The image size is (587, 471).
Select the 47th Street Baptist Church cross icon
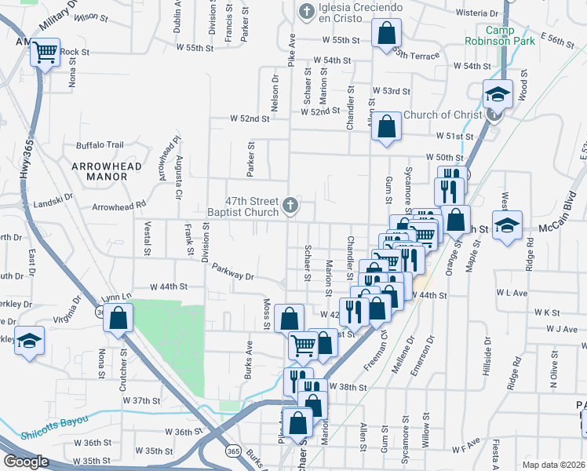coord(290,206)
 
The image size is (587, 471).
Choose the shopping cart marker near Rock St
coord(45,53)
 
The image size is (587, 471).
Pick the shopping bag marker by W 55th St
coord(386,34)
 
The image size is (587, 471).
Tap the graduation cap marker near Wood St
coord(498,95)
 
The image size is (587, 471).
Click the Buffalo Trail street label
coord(100,145)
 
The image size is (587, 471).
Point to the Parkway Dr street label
coord(233,272)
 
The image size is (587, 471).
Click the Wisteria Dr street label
coord(477,13)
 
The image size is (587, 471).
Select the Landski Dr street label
coord(53,197)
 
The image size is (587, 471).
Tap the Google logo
coord(26,461)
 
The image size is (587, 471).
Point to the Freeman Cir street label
coord(375,353)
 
